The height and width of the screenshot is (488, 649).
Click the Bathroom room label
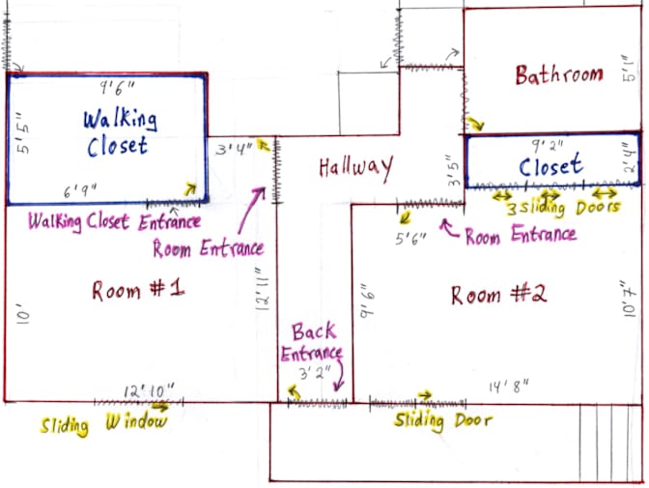(x=559, y=75)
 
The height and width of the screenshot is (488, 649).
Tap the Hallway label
(x=356, y=168)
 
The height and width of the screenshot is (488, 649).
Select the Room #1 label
(x=138, y=290)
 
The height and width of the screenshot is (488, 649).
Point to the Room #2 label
(x=498, y=295)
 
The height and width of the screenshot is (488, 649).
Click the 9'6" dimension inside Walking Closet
(x=117, y=88)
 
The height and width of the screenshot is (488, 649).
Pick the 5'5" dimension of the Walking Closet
(x=23, y=133)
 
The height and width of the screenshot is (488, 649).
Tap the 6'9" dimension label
(x=80, y=191)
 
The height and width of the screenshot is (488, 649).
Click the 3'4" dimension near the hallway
(x=234, y=148)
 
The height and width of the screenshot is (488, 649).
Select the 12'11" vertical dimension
(x=263, y=289)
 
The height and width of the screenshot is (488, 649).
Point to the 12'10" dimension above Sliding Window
(x=149, y=391)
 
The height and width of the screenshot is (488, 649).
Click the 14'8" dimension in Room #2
(x=509, y=387)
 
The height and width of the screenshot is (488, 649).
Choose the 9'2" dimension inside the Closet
(x=548, y=145)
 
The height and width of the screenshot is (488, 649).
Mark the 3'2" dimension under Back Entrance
(x=316, y=373)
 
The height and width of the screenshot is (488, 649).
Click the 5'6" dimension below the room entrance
(x=410, y=239)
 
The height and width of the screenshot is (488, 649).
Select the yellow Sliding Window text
(x=104, y=424)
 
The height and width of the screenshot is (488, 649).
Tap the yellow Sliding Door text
(x=443, y=421)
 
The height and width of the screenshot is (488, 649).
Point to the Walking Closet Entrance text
(x=114, y=221)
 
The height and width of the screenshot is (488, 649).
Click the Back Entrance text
(x=312, y=342)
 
